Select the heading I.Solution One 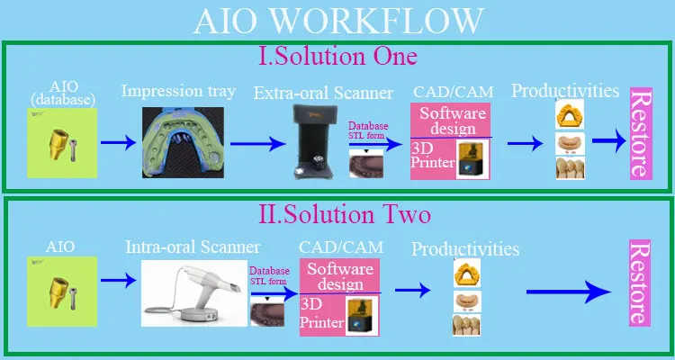click(337, 56)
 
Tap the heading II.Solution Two click(337, 215)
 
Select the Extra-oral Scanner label click(323, 93)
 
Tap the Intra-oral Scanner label click(193, 246)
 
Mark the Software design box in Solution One click(453, 121)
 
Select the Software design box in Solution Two click(340, 276)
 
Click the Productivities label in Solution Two click(464, 248)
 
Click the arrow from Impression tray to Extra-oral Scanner click(262, 143)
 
